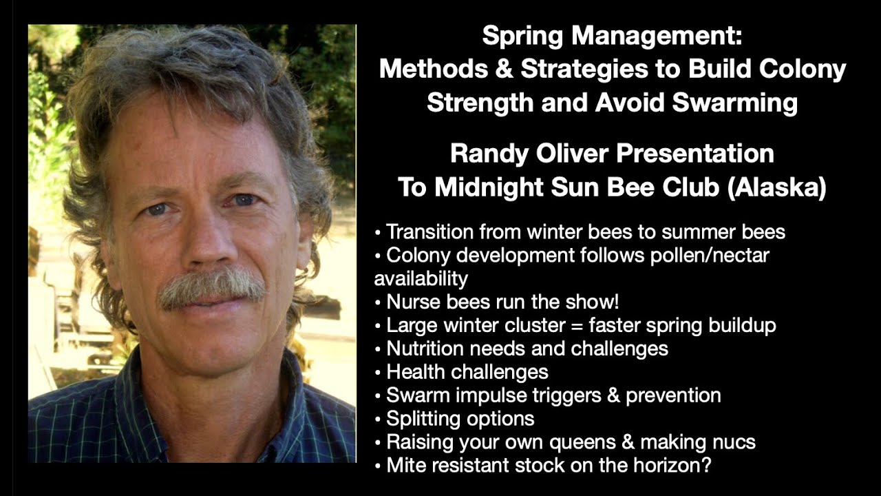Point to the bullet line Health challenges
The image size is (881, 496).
(467, 372)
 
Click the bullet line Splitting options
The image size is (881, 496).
(460, 418)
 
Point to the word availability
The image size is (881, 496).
(421, 278)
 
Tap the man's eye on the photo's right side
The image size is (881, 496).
(243, 200)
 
